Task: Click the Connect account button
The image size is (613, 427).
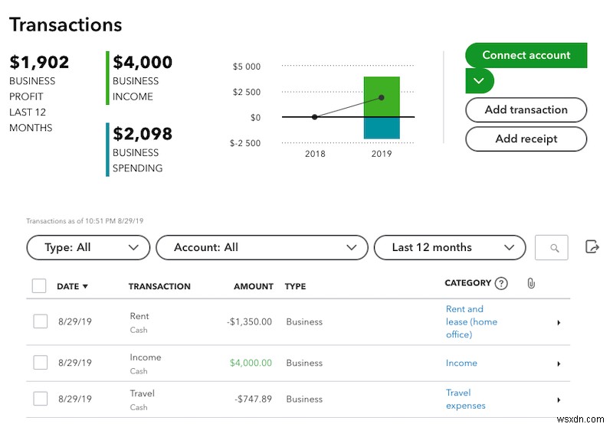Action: (x=526, y=56)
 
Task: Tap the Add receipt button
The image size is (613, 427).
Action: (x=526, y=139)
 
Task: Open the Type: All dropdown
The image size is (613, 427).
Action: (x=88, y=247)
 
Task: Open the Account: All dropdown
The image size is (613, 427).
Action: (x=257, y=247)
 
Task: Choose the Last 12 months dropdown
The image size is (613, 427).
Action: (x=449, y=247)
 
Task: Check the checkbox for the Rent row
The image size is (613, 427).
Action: (x=40, y=322)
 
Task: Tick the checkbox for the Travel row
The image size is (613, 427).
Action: (x=40, y=399)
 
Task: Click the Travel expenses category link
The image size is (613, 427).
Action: (x=465, y=399)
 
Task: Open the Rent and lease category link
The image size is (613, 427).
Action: (x=470, y=321)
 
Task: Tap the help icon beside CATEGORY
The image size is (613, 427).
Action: (x=501, y=283)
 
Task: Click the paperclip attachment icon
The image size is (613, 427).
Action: (x=531, y=283)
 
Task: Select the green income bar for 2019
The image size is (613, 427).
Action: (x=382, y=96)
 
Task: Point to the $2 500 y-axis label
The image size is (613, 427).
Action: (x=247, y=93)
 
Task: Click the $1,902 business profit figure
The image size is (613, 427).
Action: (x=40, y=62)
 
